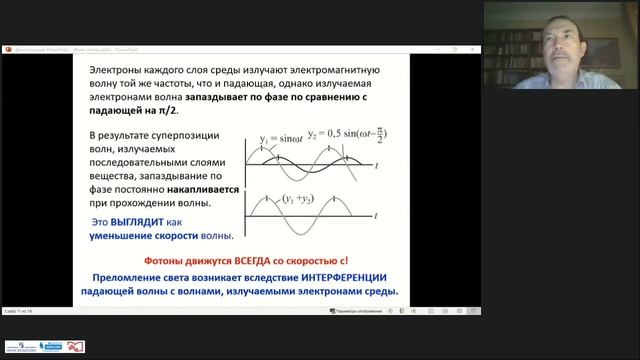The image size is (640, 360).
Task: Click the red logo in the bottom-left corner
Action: pyautogui.click(x=75, y=347)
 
